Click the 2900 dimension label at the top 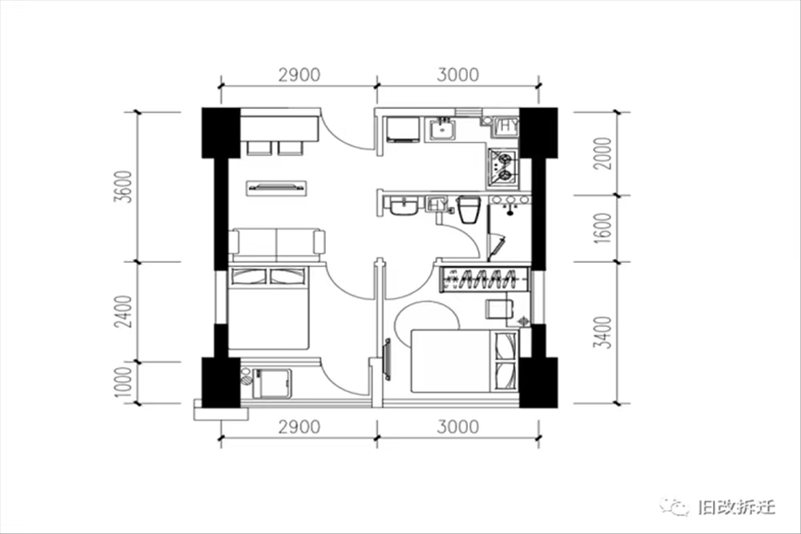pos(299,75)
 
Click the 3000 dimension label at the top pos(457,75)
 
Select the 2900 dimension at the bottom pos(299,427)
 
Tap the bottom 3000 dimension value pos(457,427)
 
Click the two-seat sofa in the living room pos(277,243)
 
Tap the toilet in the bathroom pos(469,209)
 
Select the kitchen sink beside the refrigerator pos(441,128)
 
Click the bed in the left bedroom pos(269,308)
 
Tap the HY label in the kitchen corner pos(508,126)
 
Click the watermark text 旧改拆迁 pos(735,507)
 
